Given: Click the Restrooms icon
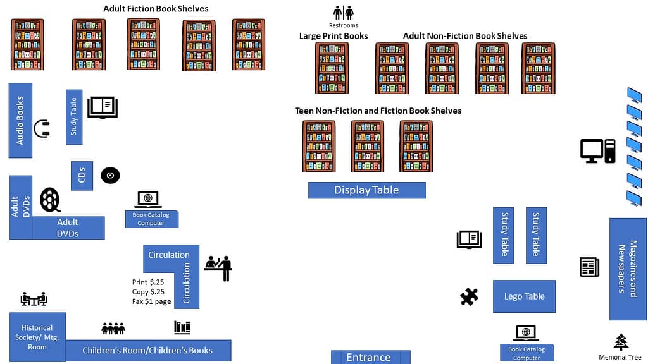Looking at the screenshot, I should pyautogui.click(x=344, y=13).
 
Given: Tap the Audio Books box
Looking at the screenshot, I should pyautogui.click(x=20, y=120).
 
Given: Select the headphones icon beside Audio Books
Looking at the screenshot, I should pyautogui.click(x=42, y=129).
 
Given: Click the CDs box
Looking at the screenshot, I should pyautogui.click(x=82, y=176).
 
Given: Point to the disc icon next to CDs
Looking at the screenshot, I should pyautogui.click(x=110, y=176).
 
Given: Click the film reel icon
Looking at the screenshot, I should pyautogui.click(x=50, y=200).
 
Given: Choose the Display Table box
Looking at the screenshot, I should pyautogui.click(x=366, y=190).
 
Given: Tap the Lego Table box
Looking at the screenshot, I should pyautogui.click(x=524, y=296).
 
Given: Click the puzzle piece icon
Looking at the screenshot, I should pyautogui.click(x=469, y=296).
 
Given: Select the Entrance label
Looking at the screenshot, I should pyautogui.click(x=370, y=357).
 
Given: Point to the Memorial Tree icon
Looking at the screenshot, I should pyautogui.click(x=621, y=342).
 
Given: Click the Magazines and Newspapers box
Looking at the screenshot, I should pyautogui.click(x=628, y=269).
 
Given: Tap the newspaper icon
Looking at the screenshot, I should pyautogui.click(x=589, y=267).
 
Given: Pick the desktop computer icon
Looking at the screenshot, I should pyautogui.click(x=597, y=151).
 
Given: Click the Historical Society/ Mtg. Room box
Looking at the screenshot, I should pyautogui.click(x=37, y=337).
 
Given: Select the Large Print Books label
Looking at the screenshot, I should pyautogui.click(x=333, y=36).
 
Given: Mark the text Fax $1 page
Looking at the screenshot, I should pyautogui.click(x=151, y=302).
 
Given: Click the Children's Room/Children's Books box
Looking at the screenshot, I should pyautogui.click(x=147, y=350).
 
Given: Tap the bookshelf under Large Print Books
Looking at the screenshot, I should pyautogui.click(x=332, y=68).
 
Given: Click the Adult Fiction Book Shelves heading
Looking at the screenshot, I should pyautogui.click(x=156, y=9).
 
